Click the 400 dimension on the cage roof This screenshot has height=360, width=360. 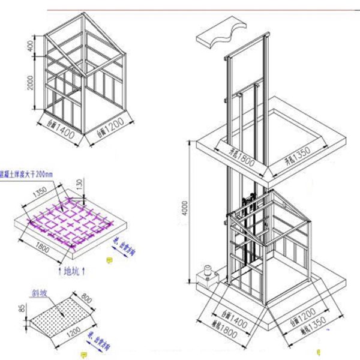tap(28, 46)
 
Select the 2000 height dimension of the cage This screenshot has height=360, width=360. tap(28, 85)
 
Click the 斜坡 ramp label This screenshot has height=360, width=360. tap(40, 294)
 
